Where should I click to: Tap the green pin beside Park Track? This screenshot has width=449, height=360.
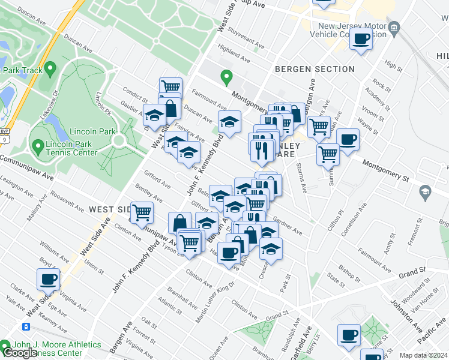(50, 70)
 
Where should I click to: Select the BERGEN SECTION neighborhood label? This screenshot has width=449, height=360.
(315, 70)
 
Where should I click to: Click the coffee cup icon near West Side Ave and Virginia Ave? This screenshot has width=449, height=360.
(48, 279)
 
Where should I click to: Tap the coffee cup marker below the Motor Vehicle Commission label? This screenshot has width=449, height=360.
(361, 40)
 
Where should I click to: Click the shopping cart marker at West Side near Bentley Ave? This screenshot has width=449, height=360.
(142, 212)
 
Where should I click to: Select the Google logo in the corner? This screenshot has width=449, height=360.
(20, 353)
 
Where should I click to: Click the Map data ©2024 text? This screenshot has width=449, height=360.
(424, 355)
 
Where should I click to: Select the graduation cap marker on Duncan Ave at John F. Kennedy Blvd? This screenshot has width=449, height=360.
(229, 122)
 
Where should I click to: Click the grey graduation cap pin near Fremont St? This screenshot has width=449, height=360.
(426, 193)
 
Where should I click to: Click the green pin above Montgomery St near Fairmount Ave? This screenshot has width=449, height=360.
(226, 77)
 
